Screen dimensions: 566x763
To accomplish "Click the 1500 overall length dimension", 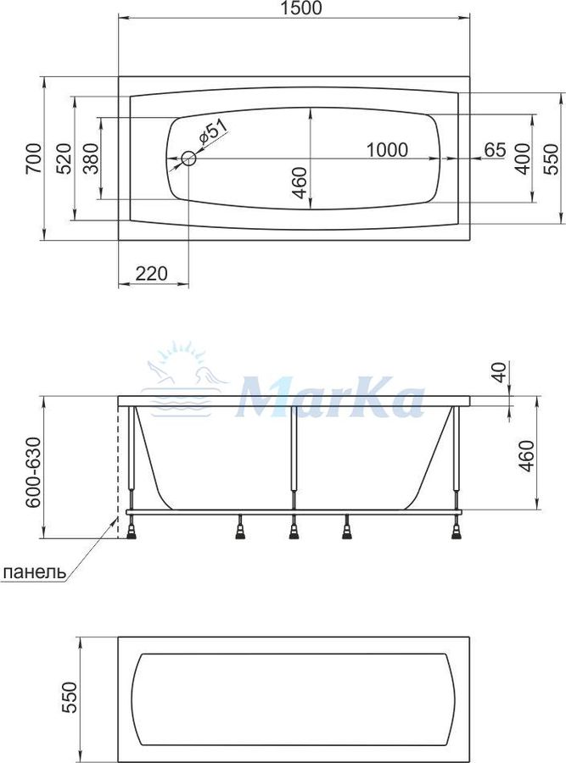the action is pos(301,8).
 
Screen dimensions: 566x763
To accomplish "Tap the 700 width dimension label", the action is pos(34,159).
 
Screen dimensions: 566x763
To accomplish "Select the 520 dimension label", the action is pos(64,159).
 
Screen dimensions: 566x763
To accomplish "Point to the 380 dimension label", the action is pos(91,159).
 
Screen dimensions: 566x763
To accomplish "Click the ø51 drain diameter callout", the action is pos(212,132).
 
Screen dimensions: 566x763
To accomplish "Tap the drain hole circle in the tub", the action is pos(188,159).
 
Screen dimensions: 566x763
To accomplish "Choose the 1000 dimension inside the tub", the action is pos(387,150).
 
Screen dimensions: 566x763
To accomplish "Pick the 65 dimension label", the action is pos(495,150).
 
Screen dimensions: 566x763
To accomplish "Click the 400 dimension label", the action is pos(523,159).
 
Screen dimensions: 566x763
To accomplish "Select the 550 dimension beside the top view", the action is pos(551,159).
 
